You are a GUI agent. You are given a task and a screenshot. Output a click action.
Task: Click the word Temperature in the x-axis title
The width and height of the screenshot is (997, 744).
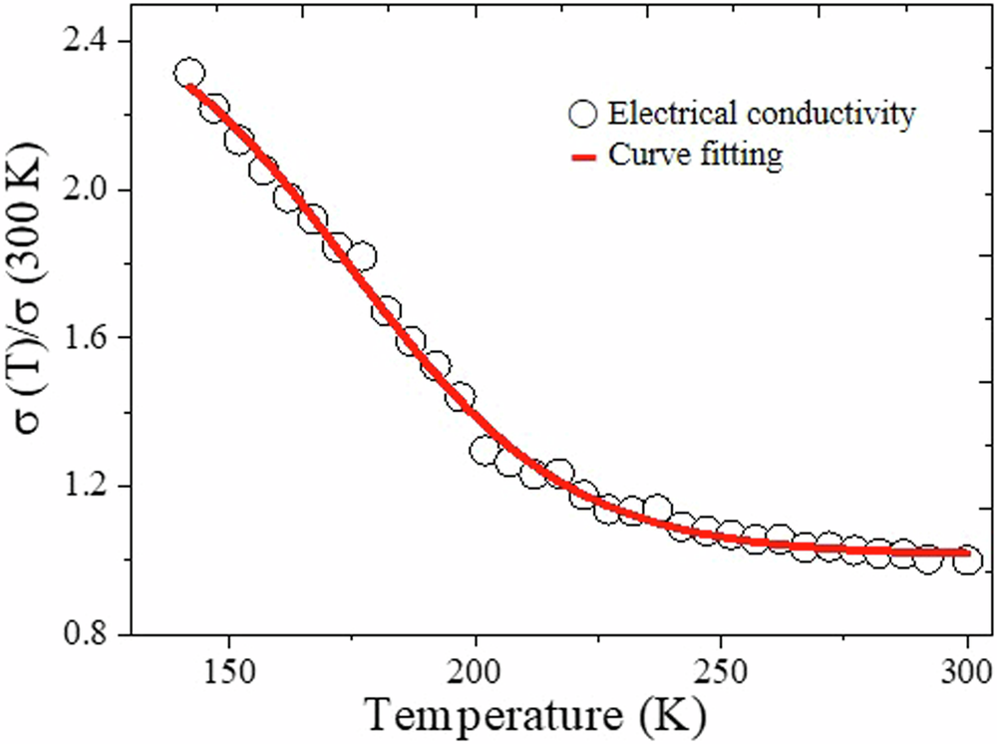click(x=477, y=715)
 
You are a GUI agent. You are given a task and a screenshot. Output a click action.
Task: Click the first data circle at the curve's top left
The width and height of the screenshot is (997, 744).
click(x=189, y=73)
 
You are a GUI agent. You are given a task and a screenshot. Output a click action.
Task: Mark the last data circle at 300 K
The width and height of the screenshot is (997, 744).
click(x=966, y=560)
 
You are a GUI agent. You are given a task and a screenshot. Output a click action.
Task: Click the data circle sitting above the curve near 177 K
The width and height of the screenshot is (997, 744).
click(x=363, y=257)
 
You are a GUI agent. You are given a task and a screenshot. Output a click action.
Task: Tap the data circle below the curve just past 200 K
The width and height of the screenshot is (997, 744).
click(x=486, y=452)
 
